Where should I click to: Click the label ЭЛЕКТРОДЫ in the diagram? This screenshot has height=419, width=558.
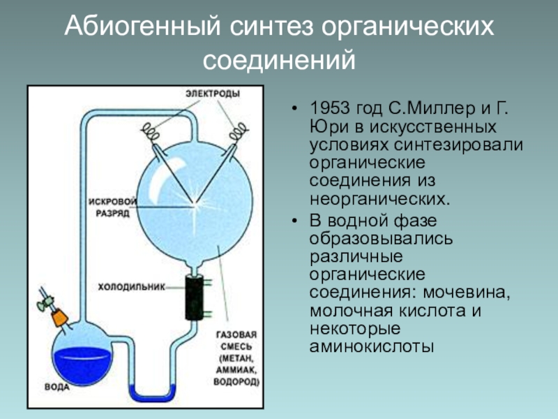[213, 94]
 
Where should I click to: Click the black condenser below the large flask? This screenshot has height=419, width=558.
[194, 297]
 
